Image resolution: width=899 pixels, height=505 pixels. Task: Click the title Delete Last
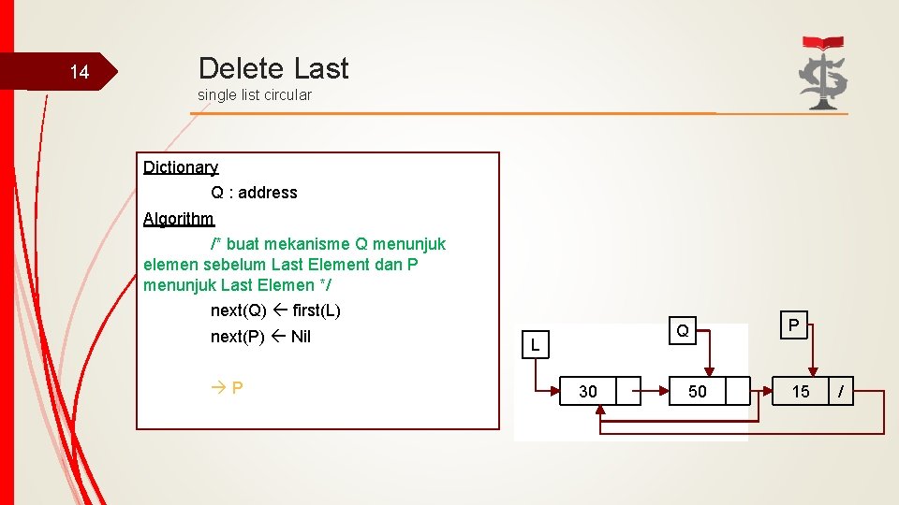click(x=273, y=68)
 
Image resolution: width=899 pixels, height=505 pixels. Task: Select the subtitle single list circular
click(x=255, y=94)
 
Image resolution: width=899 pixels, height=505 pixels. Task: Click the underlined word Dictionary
click(x=181, y=167)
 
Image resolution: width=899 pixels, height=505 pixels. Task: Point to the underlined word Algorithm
click(x=179, y=219)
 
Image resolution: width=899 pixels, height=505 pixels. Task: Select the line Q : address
click(x=254, y=193)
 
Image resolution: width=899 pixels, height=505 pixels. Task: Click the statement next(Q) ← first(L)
click(x=275, y=310)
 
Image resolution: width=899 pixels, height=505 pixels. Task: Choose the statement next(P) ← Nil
click(x=260, y=337)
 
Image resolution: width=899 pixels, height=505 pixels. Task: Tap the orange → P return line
click(x=228, y=387)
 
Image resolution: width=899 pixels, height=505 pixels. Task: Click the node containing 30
click(x=588, y=391)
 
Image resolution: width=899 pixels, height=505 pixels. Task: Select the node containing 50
click(x=698, y=391)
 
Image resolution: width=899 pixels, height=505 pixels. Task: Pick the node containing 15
click(x=801, y=391)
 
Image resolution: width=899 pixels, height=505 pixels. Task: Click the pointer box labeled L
click(x=535, y=345)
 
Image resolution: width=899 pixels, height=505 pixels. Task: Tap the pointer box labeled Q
click(x=683, y=330)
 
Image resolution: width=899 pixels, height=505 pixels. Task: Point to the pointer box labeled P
click(x=793, y=325)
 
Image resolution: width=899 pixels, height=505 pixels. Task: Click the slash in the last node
click(x=841, y=391)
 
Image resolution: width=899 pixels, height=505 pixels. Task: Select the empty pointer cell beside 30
click(x=628, y=391)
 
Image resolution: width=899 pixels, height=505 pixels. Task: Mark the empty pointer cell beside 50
click(x=738, y=391)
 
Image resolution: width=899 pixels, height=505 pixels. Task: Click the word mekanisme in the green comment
click(x=311, y=244)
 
